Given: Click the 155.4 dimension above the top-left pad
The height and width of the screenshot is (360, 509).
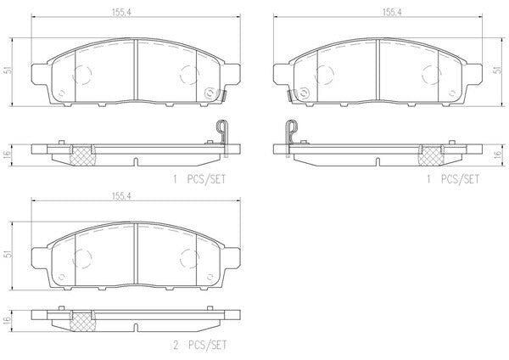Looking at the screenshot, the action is coord(119,13).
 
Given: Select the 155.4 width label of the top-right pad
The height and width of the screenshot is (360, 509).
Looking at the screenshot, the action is coord(392,13).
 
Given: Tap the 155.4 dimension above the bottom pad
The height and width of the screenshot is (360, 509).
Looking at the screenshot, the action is coord(119,196).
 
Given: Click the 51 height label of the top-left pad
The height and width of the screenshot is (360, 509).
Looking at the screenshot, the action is coord(9,70).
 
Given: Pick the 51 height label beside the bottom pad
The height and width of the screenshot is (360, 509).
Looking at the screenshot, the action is coord(9,254).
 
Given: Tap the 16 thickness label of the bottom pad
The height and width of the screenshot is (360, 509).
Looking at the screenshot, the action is coord(8,319).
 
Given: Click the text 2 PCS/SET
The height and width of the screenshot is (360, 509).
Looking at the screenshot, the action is coord(199,345).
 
